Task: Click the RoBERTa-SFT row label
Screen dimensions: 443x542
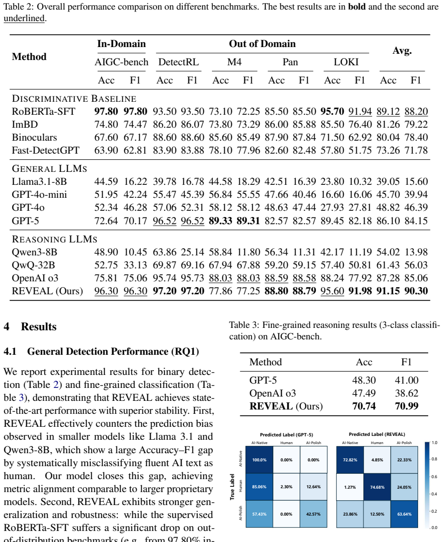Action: [x=44, y=111]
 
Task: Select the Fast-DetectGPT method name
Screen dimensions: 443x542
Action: [x=46, y=150]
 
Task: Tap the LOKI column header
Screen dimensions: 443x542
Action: [x=346, y=62]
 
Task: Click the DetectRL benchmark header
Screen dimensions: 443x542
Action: [x=178, y=62]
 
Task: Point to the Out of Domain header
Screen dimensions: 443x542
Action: [x=262, y=44]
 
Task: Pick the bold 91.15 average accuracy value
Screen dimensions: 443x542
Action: [x=388, y=291]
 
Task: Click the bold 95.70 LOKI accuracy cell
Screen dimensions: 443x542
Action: [x=332, y=111]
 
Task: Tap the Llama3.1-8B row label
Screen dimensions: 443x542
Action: [x=39, y=181]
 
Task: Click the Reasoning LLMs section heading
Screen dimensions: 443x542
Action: [x=55, y=239]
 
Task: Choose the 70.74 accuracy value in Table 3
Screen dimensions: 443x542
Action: [x=364, y=406]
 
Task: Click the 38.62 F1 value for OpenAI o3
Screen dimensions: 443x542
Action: [x=407, y=393]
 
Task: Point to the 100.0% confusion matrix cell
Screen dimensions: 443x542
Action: [x=259, y=460]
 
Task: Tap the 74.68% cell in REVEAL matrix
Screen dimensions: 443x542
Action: [x=377, y=487]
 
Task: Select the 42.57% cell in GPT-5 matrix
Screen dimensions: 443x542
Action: [x=313, y=514]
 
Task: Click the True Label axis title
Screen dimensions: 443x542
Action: [x=233, y=487]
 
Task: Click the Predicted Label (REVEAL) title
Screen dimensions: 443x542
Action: [x=377, y=434]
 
